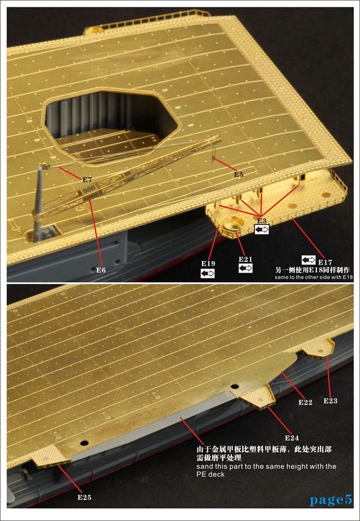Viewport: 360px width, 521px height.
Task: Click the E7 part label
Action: coord(87,179)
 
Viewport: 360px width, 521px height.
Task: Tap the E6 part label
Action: coord(101,270)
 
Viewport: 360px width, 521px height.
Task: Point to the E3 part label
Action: coord(262,221)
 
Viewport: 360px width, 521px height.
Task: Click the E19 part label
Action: coord(208,263)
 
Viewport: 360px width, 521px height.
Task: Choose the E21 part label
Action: coord(245,259)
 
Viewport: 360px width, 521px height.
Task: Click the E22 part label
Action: coord(305,402)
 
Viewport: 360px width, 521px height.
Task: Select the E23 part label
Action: coord(331,401)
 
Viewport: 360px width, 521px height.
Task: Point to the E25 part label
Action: coord(84,497)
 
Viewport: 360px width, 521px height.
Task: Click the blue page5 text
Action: coord(331,500)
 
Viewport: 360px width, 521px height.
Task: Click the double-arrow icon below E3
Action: coord(262,229)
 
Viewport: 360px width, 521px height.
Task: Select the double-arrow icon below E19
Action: coord(208,273)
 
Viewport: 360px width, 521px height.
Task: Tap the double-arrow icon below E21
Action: coord(245,268)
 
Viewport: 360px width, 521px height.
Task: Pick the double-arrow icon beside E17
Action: coord(309,260)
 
